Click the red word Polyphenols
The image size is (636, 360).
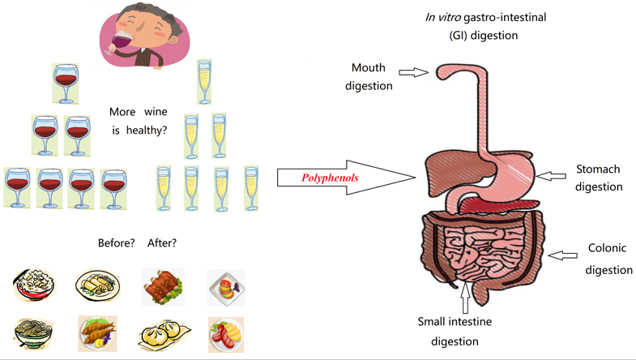330,178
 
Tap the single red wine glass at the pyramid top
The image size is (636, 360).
66,83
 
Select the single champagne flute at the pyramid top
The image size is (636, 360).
204,81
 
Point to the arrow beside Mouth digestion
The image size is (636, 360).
413,72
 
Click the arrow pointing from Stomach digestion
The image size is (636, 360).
551,176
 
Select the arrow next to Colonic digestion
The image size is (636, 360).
562,255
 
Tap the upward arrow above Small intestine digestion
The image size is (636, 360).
464,298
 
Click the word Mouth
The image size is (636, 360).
369,67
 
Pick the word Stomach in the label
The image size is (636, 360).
598,169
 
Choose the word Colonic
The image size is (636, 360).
607,248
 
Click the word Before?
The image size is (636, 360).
116,242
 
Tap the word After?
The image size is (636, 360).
162,242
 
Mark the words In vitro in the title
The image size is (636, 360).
442,17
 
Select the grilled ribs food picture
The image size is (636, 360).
162,287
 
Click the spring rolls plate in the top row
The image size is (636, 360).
97,285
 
